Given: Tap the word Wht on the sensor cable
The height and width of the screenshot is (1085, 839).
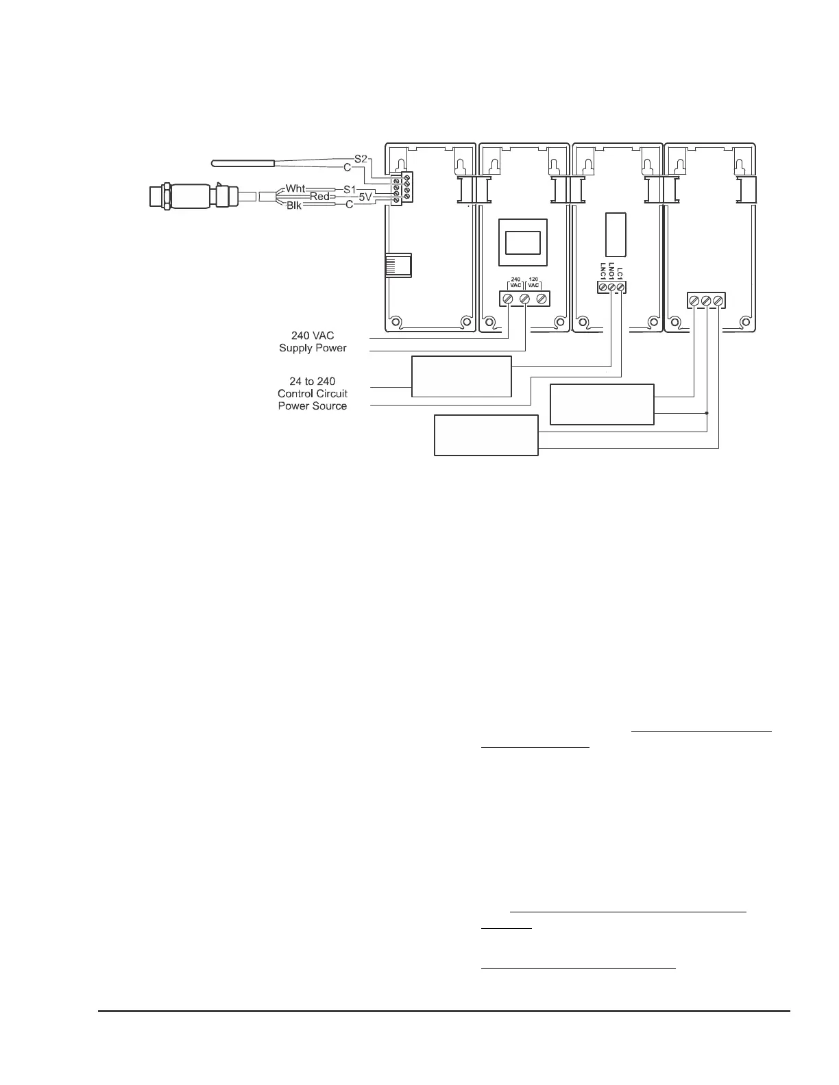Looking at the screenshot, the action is pos(295,188).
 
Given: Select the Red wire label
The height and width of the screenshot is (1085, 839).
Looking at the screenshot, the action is pos(319,197).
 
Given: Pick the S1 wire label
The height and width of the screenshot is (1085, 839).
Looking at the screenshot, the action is pos(350,188).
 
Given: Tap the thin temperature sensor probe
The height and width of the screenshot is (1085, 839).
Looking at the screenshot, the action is pos(243,163).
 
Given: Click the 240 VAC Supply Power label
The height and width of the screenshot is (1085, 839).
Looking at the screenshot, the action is pos(313,342).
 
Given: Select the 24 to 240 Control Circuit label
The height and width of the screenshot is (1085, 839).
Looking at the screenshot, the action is pos(313,393).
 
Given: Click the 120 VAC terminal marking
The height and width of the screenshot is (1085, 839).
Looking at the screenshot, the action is pos(534,282).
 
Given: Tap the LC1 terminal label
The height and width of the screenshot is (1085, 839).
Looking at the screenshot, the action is pos(620,273).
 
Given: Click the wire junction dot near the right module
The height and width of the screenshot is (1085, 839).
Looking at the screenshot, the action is pos(707,413).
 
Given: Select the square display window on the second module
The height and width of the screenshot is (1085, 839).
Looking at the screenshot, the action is pos(522,242).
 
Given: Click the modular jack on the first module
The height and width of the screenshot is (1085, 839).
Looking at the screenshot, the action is pos(398,265).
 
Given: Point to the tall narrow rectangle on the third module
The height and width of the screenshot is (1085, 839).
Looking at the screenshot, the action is pos(616,234).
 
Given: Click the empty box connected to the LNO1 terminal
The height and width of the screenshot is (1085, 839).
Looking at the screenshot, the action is pos(461,376).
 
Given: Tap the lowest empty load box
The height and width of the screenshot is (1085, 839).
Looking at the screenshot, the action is pos(486,435).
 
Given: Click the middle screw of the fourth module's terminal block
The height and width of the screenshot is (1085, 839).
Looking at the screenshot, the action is pos(706,301).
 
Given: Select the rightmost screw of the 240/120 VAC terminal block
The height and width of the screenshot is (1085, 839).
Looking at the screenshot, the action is pos(542,299).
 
